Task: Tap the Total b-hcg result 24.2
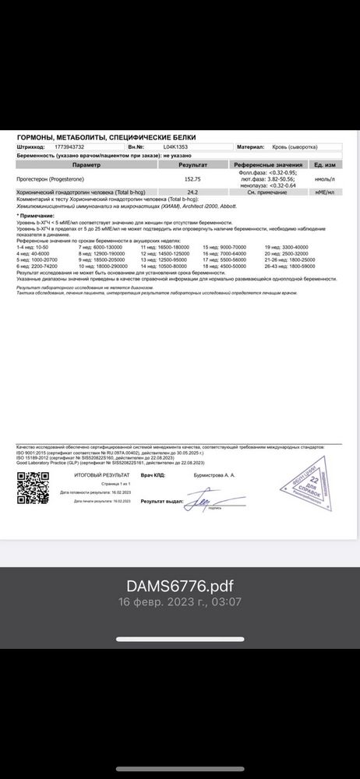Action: pos(192,192)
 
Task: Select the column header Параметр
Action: pos(86,165)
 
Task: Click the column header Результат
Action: pos(192,165)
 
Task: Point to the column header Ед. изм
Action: pos(324,165)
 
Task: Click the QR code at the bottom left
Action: pos(33,489)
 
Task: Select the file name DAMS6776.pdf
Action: pos(180,586)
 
